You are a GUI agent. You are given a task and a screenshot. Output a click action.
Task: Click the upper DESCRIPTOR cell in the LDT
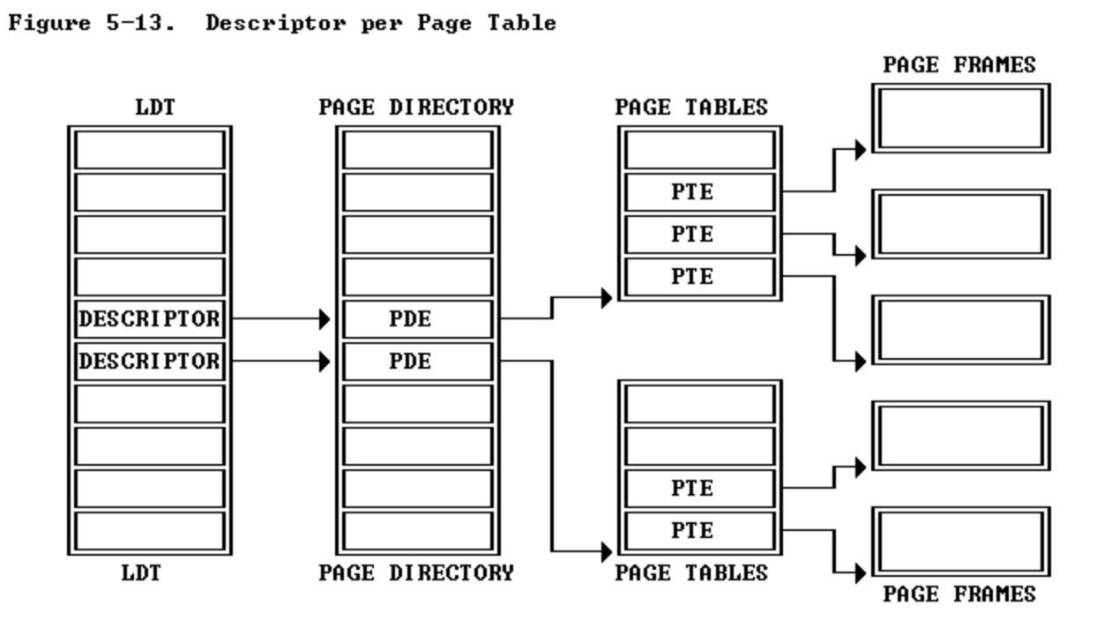(x=149, y=319)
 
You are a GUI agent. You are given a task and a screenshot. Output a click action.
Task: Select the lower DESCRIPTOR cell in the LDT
(x=149, y=362)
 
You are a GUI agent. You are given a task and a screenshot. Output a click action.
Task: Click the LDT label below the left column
(x=141, y=573)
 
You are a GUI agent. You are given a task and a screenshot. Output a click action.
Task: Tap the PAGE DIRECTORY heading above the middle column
(x=416, y=108)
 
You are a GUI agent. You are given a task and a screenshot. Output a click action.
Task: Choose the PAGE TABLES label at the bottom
(x=691, y=573)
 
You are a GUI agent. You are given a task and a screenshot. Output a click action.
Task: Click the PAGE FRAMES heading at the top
(x=959, y=65)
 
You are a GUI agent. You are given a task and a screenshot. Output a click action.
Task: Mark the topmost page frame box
(x=961, y=118)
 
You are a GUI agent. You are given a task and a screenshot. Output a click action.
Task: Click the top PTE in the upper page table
(x=692, y=192)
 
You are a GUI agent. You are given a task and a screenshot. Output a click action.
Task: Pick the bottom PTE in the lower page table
(x=692, y=531)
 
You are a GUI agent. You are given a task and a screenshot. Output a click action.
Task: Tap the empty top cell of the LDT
(x=149, y=150)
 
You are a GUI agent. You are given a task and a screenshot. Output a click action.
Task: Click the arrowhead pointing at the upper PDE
(x=325, y=319)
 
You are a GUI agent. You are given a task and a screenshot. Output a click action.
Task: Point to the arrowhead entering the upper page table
(x=607, y=298)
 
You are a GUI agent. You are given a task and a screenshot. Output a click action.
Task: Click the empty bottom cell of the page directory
(x=417, y=531)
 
